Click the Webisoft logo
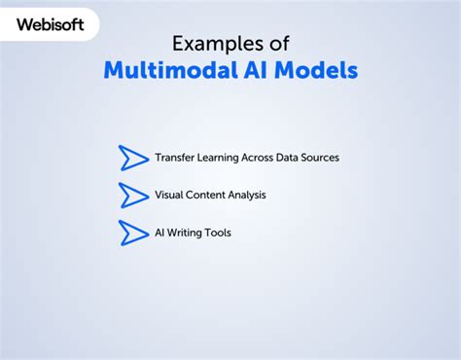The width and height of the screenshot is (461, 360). (x=50, y=22)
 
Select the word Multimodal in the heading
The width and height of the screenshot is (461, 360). (x=165, y=71)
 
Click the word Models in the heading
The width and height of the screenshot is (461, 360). (x=318, y=71)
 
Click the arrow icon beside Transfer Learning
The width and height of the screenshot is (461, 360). (x=132, y=158)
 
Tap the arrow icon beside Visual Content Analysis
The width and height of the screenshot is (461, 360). (x=132, y=196)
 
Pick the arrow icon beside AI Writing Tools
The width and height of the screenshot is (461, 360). (x=132, y=234)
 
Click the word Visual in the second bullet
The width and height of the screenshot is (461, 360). (x=168, y=195)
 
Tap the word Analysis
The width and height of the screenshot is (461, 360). (x=248, y=195)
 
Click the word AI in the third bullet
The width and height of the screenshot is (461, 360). (x=160, y=234)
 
